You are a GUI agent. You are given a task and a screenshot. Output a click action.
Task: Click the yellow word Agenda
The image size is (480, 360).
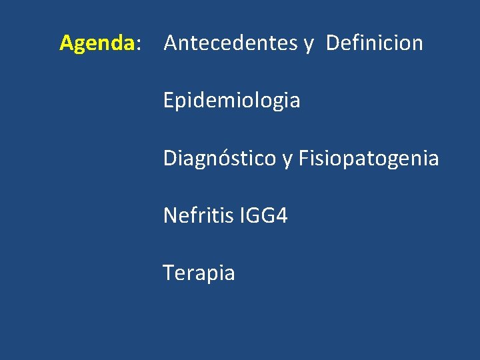click(97, 43)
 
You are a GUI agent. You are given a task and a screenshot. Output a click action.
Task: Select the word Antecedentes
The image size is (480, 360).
click(231, 43)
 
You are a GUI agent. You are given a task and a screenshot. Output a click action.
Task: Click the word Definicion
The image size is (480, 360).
click(375, 43)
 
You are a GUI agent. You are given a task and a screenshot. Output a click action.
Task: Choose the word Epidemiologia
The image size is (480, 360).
click(231, 101)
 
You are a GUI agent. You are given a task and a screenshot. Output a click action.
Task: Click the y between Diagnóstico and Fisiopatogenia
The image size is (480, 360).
click(287, 161)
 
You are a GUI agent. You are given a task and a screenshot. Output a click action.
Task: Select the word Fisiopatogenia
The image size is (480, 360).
click(369, 159)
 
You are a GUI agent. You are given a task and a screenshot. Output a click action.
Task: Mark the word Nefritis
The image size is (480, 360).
click(197, 215)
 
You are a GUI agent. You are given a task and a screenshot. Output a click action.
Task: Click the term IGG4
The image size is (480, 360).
click(263, 215)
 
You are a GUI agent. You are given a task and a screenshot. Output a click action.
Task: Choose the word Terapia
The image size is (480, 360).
click(199, 273)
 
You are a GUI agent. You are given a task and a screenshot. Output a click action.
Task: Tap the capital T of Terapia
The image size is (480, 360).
click(169, 273)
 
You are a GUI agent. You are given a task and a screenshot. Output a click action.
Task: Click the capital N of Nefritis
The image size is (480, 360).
click(170, 215)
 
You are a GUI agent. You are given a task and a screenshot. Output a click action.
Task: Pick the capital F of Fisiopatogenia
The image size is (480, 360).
click(303, 159)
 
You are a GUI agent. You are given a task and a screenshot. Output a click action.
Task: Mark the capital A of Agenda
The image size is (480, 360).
click(67, 43)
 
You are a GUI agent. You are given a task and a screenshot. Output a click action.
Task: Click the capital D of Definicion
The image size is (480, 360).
click(333, 43)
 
